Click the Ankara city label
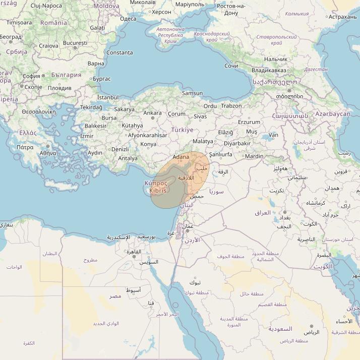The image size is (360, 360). point(152,113)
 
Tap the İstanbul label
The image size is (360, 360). point(107,97)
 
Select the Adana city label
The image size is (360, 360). point(181,157)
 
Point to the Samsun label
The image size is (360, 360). point(192,93)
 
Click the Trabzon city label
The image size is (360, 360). point(231,106)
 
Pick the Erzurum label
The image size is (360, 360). point(249,122)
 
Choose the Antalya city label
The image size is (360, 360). point(128,158)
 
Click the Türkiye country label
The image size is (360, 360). point(182,130)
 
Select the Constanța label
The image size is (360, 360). point(119,52)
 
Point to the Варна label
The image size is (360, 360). point(96,64)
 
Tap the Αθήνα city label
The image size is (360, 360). point(47,152)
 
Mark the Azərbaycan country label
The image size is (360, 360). point(332,114)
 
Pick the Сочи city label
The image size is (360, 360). point(231,66)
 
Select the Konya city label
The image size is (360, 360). point(148,144)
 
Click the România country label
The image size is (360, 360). point(53,23)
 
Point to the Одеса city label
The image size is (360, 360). point(128,19)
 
